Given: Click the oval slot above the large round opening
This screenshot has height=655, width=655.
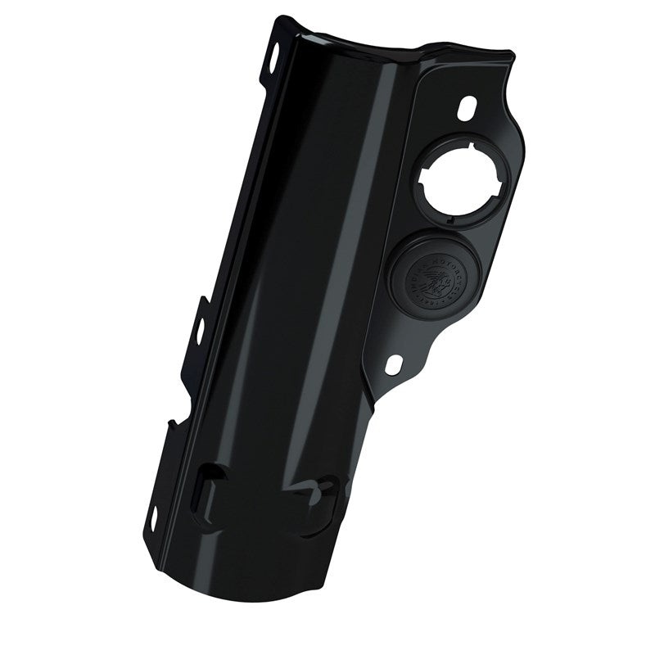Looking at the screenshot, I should tap(468, 108).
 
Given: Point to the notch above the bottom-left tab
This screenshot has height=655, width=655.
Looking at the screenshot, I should tap(169, 424).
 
